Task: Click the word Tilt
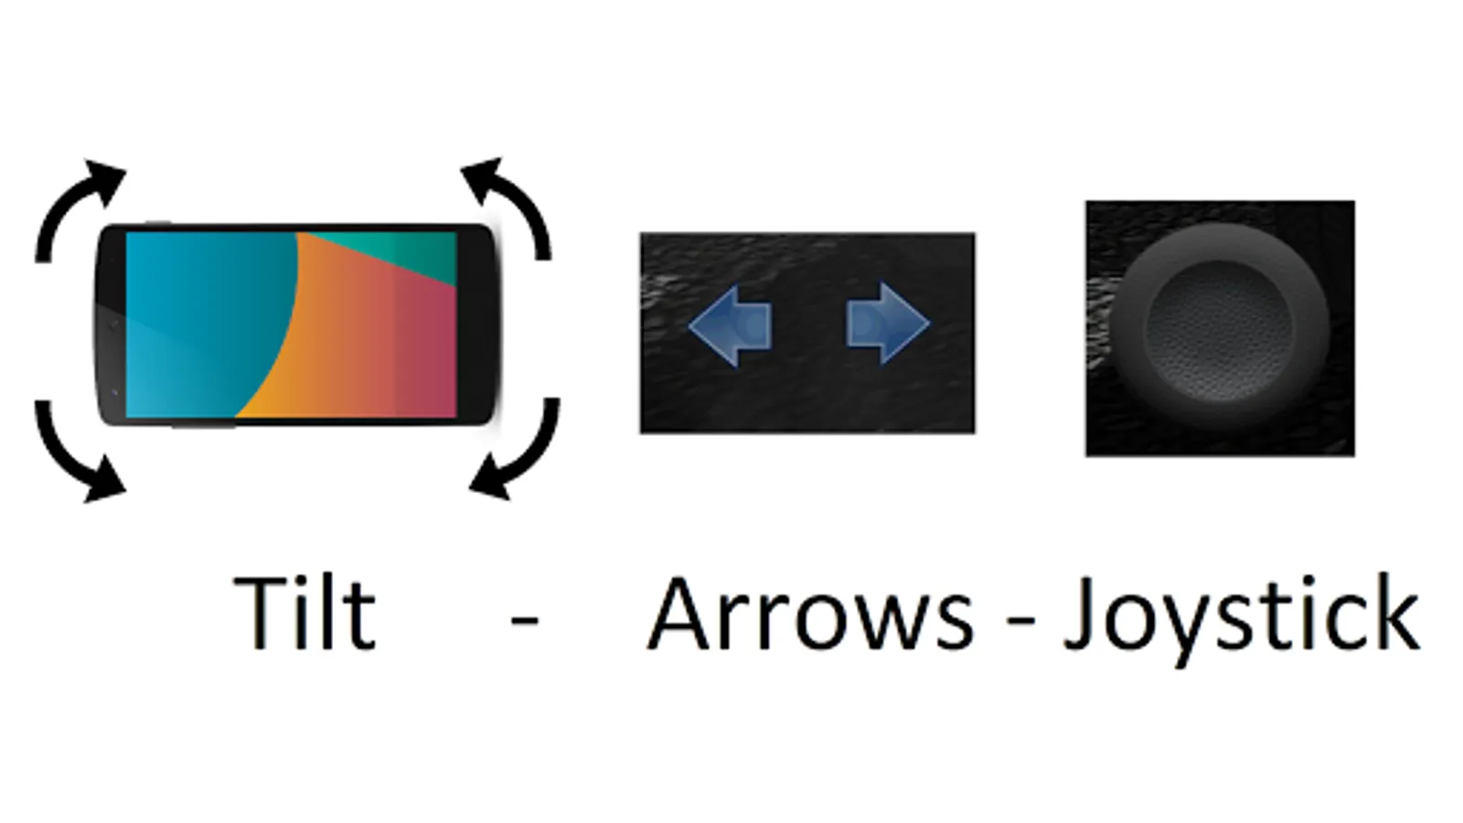305,614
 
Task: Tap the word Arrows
810,614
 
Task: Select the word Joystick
1241,621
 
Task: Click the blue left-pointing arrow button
731,325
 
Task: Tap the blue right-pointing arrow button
888,323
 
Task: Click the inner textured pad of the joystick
1219,330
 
